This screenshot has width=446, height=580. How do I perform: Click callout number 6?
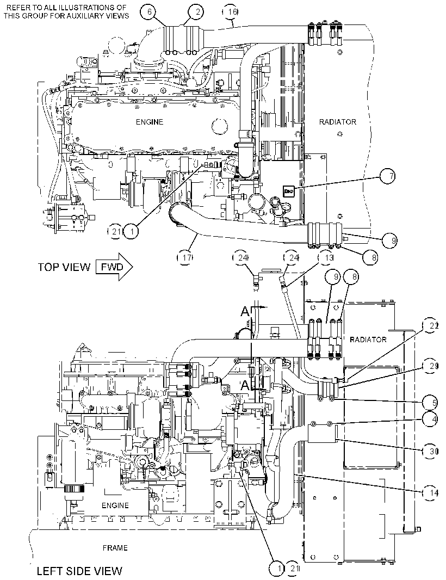(149, 12)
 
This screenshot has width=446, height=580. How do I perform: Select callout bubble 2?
(197, 12)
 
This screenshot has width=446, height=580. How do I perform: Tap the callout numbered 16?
(231, 12)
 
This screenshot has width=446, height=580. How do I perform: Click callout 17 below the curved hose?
(185, 257)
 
